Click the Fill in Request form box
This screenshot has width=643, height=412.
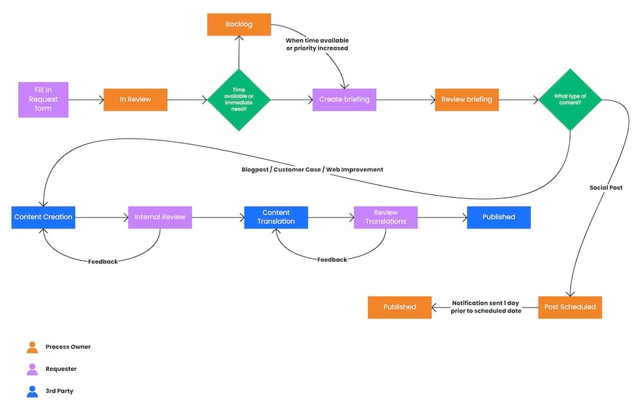[43, 99]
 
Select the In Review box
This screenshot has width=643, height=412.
[135, 100]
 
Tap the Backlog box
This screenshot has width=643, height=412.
[239, 24]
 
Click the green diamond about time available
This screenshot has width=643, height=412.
[239, 100]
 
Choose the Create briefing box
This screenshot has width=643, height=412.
[344, 100]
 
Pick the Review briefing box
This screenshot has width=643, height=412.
[466, 100]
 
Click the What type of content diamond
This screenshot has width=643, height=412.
[570, 100]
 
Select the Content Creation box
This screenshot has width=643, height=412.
[43, 217]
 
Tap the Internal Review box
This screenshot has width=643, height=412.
[159, 217]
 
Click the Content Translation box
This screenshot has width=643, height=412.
[276, 217]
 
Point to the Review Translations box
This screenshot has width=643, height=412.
[386, 217]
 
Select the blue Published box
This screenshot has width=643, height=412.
[498, 217]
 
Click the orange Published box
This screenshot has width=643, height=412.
[399, 307]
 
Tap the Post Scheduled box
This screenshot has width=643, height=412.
[570, 307]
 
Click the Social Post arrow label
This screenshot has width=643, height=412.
[606, 187]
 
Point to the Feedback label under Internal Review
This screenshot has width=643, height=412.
[103, 261]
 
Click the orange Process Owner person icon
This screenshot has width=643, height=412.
[32, 347]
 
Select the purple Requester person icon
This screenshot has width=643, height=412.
[32, 369]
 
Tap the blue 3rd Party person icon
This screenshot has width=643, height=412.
[32, 391]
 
